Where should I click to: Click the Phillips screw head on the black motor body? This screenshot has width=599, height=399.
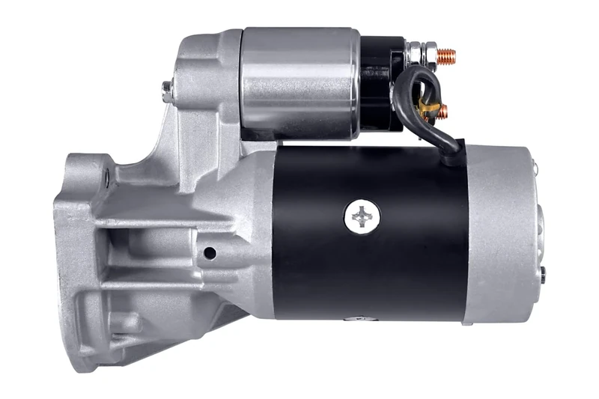pyautogui.click(x=362, y=218)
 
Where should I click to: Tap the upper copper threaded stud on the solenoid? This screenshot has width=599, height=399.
pyautogui.click(x=446, y=55)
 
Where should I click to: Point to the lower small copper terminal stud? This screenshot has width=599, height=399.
pyautogui.click(x=443, y=112)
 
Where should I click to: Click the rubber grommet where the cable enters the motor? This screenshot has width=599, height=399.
pyautogui.click(x=451, y=157)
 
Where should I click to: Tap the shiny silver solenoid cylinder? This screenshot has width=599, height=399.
pyautogui.click(x=299, y=82)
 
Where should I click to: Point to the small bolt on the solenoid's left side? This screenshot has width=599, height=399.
pyautogui.click(x=167, y=91)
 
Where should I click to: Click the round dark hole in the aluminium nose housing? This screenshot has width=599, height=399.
pyautogui.click(x=210, y=253)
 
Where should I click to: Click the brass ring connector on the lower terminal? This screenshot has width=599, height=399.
pyautogui.click(x=427, y=109)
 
